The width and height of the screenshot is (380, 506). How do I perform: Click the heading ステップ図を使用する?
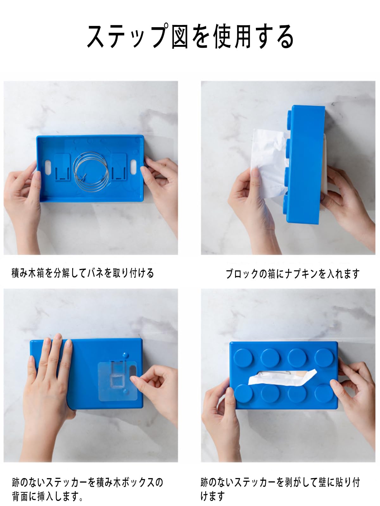click(x=190, y=36)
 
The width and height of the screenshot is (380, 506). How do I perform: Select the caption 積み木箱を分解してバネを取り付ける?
click(x=83, y=273)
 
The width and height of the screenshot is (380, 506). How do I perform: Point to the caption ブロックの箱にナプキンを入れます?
click(x=293, y=274)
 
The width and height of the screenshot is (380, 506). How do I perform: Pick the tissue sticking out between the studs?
click(x=282, y=377)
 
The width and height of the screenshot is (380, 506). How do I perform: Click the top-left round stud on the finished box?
click(x=243, y=358)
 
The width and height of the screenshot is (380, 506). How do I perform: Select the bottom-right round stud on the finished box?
click(x=324, y=393)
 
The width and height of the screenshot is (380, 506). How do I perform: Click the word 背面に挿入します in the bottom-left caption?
click(x=47, y=496)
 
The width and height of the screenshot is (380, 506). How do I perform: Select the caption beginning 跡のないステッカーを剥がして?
click(x=280, y=489)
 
